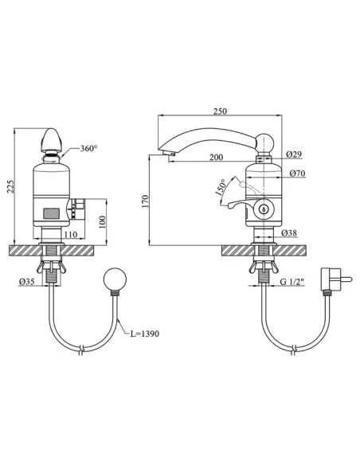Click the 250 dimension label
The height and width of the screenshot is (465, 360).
coord(220,111)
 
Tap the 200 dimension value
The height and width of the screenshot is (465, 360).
coord(216,157)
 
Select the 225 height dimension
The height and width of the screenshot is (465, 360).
coord(10,186)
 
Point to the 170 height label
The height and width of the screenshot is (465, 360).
coord(145,201)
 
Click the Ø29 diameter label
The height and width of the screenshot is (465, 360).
coord(294,154)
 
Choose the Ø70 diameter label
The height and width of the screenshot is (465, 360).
coord(297,173)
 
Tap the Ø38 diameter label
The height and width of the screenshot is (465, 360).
coord(289,232)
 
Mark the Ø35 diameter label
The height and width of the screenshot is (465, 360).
coord(27,282)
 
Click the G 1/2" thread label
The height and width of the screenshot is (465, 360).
coord(292,281)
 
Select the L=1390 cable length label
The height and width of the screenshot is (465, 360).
coord(145,334)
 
